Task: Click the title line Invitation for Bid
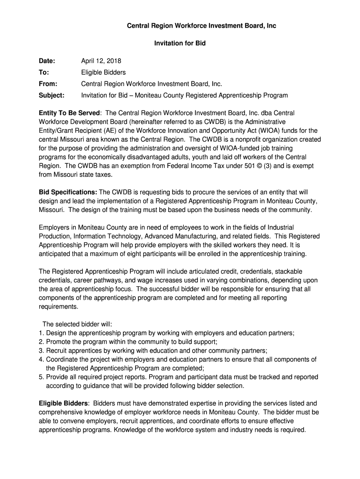click(x=180, y=44)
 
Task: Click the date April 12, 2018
click(x=101, y=61)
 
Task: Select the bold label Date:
click(x=47, y=61)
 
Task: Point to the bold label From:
click(x=48, y=84)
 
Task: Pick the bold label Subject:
click(x=51, y=95)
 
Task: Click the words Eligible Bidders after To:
click(x=103, y=73)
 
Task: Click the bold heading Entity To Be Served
click(x=69, y=113)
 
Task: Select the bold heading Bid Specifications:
click(x=68, y=192)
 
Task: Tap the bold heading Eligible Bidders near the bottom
click(x=63, y=403)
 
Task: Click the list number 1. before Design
click(x=41, y=333)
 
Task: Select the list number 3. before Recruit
click(x=41, y=351)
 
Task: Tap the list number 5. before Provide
click(x=41, y=377)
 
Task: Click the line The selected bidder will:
click(x=78, y=324)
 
